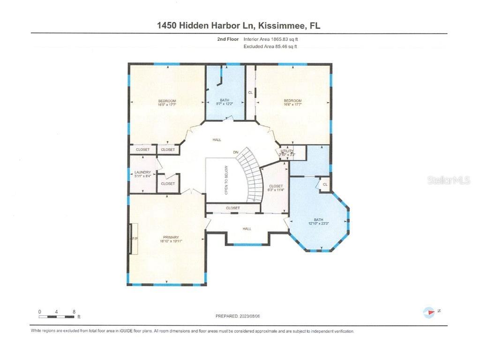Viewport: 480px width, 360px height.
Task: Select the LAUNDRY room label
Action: click(x=142, y=172)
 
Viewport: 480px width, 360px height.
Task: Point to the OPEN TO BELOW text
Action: click(x=226, y=180)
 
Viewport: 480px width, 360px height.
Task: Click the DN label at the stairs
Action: click(x=236, y=152)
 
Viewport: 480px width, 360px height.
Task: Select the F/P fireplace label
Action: click(x=135, y=239)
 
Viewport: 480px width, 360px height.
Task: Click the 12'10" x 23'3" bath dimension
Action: click(x=318, y=223)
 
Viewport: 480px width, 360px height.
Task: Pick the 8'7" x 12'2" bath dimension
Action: click(x=225, y=104)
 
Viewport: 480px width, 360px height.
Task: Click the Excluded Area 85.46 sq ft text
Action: click(x=270, y=47)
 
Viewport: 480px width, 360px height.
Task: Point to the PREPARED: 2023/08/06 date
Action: click(x=237, y=316)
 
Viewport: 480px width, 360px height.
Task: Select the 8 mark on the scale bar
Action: click(x=74, y=311)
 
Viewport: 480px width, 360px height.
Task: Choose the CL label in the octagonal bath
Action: click(x=325, y=185)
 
